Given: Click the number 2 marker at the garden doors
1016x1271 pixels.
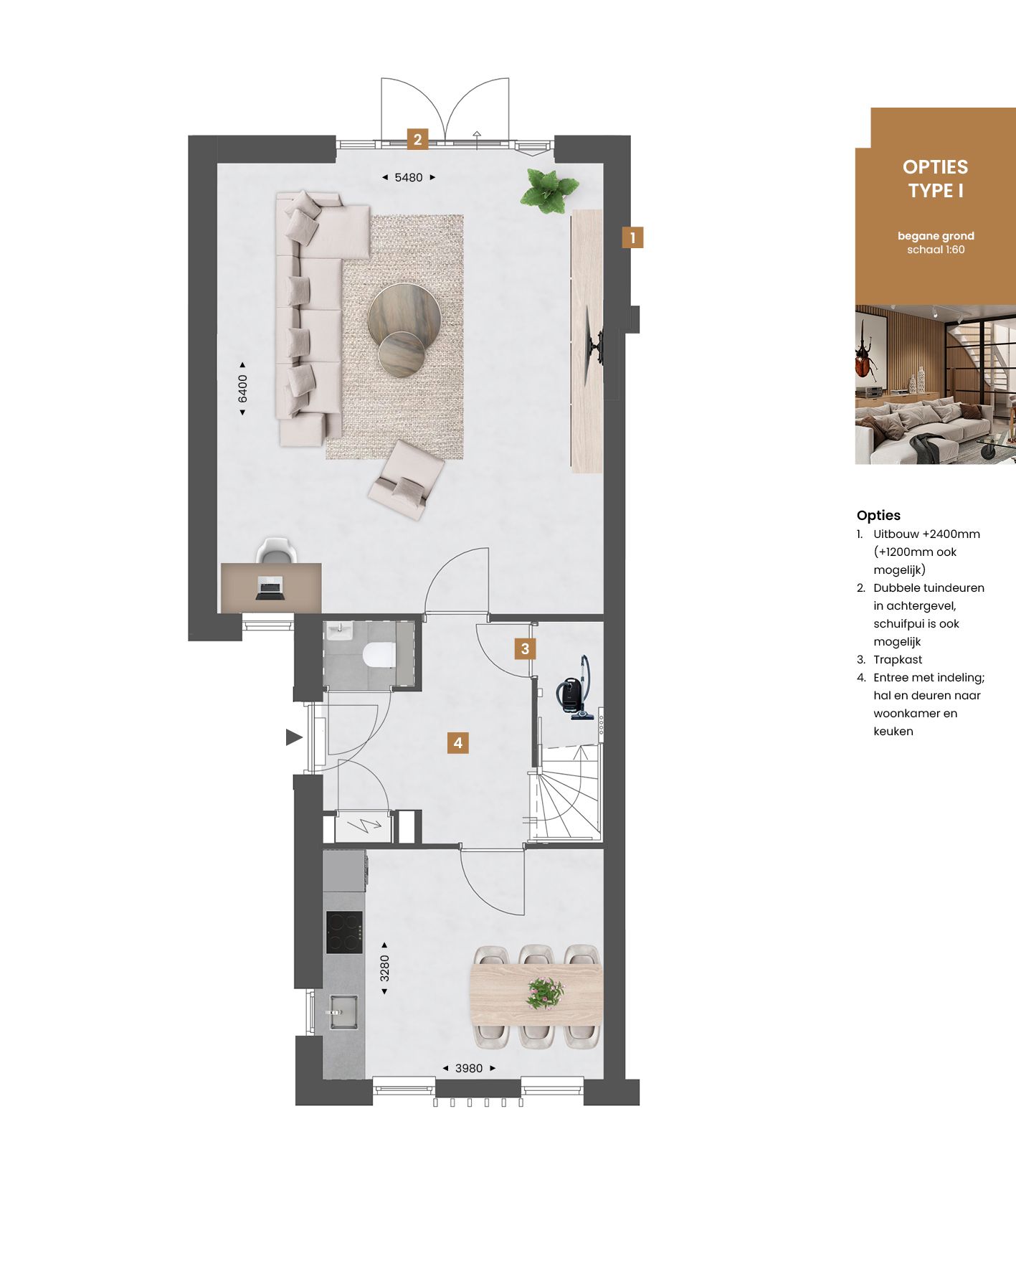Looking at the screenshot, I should pyautogui.click(x=417, y=138).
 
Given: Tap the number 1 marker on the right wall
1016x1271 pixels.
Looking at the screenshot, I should pyautogui.click(x=632, y=237).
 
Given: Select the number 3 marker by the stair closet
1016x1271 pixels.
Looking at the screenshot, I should pyautogui.click(x=525, y=649).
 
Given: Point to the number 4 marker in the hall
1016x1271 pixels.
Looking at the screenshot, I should pyautogui.click(x=457, y=742).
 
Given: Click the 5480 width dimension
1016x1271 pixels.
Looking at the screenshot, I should pyautogui.click(x=408, y=177).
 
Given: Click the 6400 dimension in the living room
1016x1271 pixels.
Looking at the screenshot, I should pyautogui.click(x=242, y=388).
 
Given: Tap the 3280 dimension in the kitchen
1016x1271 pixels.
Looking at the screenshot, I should pyautogui.click(x=384, y=968).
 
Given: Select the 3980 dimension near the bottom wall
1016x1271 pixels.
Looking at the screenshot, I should pyautogui.click(x=468, y=1068).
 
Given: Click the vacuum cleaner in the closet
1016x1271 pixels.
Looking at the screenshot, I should pyautogui.click(x=575, y=691).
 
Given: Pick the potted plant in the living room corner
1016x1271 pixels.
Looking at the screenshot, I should pyautogui.click(x=550, y=190).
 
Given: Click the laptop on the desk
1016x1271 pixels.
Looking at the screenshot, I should pyautogui.click(x=270, y=588).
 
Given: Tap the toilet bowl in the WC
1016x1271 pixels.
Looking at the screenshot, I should pyautogui.click(x=379, y=654).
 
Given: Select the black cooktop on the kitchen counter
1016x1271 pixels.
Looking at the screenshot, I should pyautogui.click(x=344, y=932).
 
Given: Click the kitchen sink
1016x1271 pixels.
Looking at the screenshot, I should pyautogui.click(x=343, y=1011).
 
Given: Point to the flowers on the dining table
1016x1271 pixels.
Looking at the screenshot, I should pyautogui.click(x=544, y=994).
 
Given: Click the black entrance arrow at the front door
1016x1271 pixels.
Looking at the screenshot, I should pyautogui.click(x=293, y=737).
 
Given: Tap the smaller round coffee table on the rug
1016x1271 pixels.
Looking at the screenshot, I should pyautogui.click(x=401, y=353).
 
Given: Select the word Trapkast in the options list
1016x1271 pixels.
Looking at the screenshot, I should pyautogui.click(x=898, y=660).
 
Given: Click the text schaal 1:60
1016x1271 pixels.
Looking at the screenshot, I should pyautogui.click(x=936, y=250).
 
